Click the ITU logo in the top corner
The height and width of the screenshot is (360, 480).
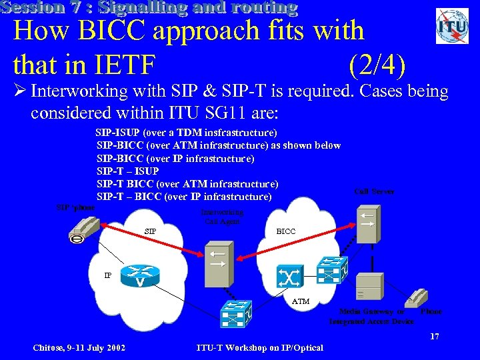[452, 26]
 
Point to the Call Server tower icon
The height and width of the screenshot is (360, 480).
[367, 224]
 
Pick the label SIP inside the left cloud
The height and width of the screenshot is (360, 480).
[151, 231]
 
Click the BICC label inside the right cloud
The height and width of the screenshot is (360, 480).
[285, 231]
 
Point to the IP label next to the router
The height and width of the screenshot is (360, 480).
[107, 274]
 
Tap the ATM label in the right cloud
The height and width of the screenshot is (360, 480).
[301, 301]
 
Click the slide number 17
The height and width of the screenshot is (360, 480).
[434, 337]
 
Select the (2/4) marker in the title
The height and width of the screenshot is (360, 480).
[377, 65]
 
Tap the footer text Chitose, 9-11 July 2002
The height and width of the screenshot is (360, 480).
[79, 347]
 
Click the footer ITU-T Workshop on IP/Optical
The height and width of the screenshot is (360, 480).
[260, 347]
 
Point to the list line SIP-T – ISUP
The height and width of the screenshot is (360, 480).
[128, 171]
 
